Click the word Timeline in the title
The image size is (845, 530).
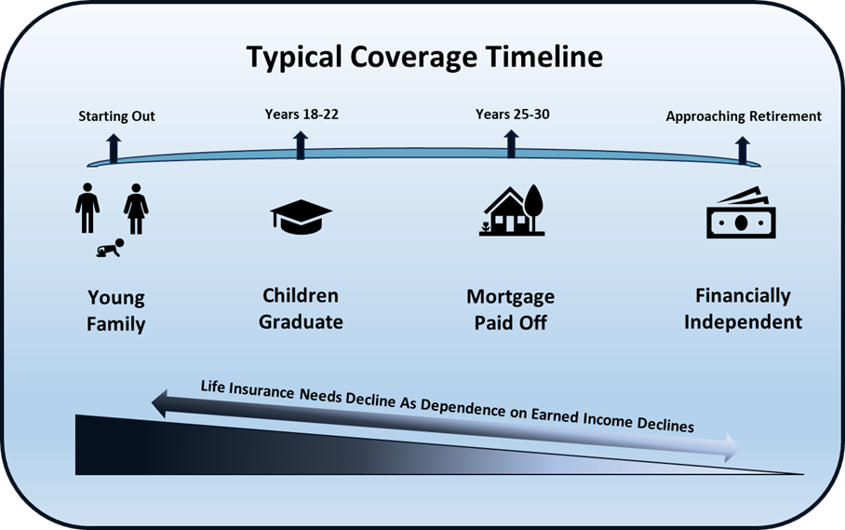pos(543,56)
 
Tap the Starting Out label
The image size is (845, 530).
pos(116,116)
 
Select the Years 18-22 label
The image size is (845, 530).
pos(302,115)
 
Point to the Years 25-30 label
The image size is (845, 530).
pos(513,115)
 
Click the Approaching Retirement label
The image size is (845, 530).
pos(744,116)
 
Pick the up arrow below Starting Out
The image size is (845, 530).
pos(114,148)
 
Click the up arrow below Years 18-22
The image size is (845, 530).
pos(301,144)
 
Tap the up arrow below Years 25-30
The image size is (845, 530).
pos(512,143)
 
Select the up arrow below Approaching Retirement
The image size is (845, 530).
pos(743,150)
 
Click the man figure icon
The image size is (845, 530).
pos(87,208)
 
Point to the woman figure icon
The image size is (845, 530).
pos(136,209)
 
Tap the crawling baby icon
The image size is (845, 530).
pos(111,248)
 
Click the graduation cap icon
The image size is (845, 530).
pos(302,217)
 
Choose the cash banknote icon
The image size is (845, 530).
pos(742,212)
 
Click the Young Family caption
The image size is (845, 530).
pos(116,310)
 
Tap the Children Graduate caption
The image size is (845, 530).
pos(301,308)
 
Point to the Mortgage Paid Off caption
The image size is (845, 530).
pos(510,309)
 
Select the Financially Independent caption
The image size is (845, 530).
pos(744,308)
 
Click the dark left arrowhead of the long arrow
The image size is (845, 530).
pos(158,405)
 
